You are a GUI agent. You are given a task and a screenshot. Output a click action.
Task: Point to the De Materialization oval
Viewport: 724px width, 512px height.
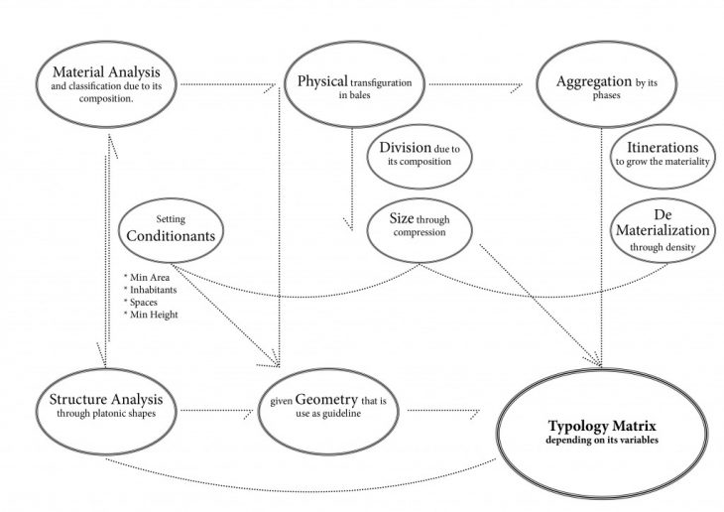(659, 227)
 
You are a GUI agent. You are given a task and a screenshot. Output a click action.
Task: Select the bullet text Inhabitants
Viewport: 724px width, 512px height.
(148, 289)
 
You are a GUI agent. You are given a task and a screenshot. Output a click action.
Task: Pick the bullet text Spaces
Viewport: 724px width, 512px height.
(142, 301)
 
